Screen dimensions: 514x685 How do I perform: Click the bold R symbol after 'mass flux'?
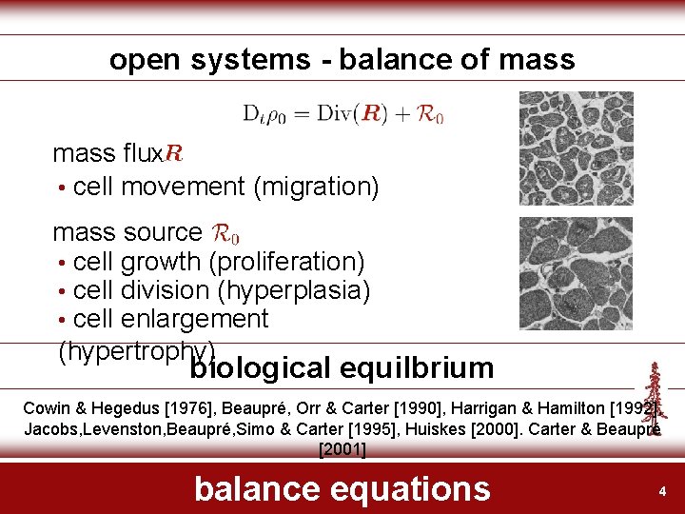click(x=174, y=152)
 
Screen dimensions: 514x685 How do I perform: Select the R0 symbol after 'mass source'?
click(x=225, y=232)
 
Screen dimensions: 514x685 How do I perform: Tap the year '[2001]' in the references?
click(x=342, y=449)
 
